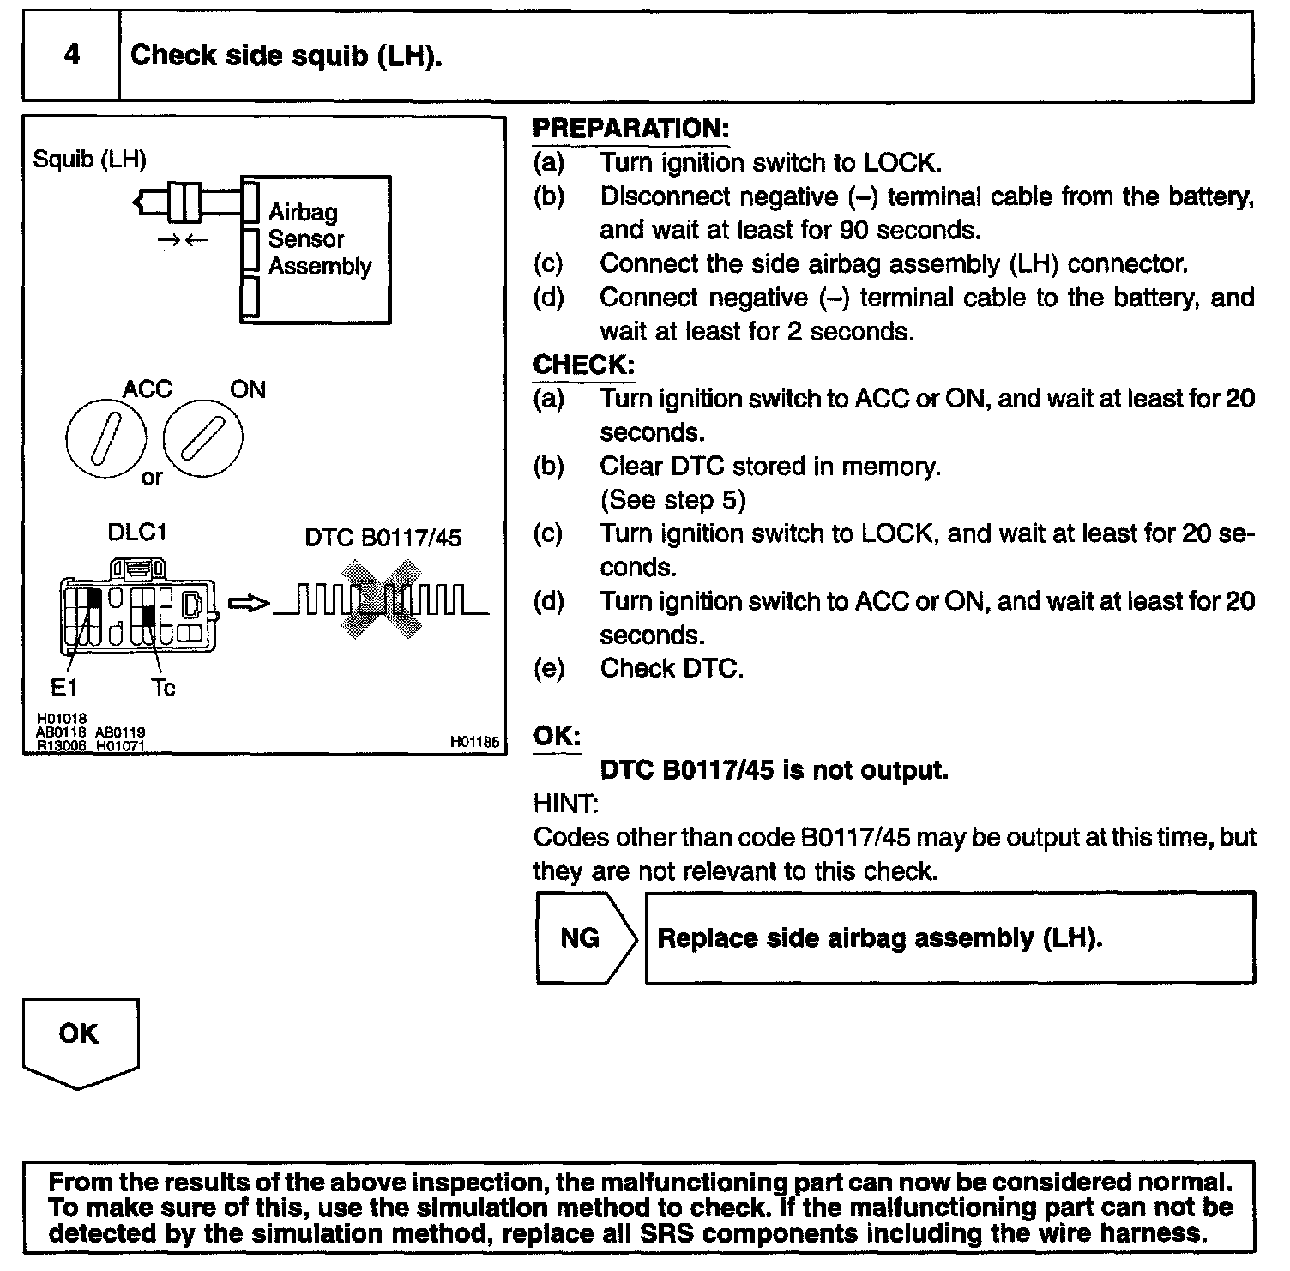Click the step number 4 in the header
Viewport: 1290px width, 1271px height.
click(72, 56)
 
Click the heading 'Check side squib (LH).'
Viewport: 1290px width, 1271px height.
click(286, 56)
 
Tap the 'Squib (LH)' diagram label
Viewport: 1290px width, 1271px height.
click(89, 160)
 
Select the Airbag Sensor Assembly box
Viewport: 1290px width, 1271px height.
click(316, 250)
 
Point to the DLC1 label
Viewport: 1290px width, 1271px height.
click(137, 533)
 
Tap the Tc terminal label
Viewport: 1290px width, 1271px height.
click(163, 689)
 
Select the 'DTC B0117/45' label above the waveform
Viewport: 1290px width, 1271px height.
click(383, 539)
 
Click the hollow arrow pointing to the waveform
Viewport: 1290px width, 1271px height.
click(249, 604)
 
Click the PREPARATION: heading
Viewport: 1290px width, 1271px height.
click(630, 129)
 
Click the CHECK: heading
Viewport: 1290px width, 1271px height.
click(583, 365)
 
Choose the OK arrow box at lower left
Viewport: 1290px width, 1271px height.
click(80, 1040)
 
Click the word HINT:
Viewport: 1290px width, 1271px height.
click(565, 804)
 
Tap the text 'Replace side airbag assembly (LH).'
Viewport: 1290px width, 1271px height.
click(879, 938)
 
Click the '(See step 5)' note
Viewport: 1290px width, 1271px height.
click(672, 500)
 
